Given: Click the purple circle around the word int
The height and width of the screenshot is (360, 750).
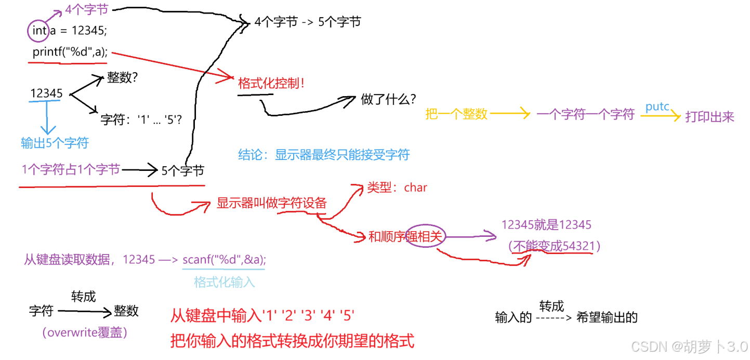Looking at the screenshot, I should tap(38, 31).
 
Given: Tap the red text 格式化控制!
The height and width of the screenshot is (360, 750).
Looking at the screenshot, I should tap(271, 83).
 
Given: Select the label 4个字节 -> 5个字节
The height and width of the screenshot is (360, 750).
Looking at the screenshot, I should tap(307, 22).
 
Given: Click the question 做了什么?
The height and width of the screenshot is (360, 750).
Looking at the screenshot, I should tap(388, 100).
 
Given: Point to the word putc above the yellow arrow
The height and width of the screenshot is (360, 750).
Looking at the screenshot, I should tap(657, 106).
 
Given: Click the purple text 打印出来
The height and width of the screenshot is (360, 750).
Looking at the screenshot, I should tap(709, 117).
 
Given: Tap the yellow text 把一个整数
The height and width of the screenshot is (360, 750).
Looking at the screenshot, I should tap(456, 114).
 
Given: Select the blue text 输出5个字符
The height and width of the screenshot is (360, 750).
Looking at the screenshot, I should tap(55, 143).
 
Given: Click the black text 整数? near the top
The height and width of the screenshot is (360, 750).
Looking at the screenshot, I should tap(122, 78).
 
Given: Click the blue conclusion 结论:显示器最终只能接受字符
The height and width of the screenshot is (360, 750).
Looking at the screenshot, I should tap(324, 154).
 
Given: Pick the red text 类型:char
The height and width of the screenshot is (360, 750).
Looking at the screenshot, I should tap(397, 188).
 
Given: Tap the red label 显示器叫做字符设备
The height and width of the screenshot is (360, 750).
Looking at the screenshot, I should tap(271, 203).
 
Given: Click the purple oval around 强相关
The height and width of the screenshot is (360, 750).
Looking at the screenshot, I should tap(425, 237).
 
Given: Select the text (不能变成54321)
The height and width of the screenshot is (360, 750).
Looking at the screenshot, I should tap(555, 246).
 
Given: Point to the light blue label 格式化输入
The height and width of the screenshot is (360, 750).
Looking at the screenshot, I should tap(225, 282).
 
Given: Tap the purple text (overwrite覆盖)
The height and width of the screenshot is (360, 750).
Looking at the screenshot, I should tap(84, 333).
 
